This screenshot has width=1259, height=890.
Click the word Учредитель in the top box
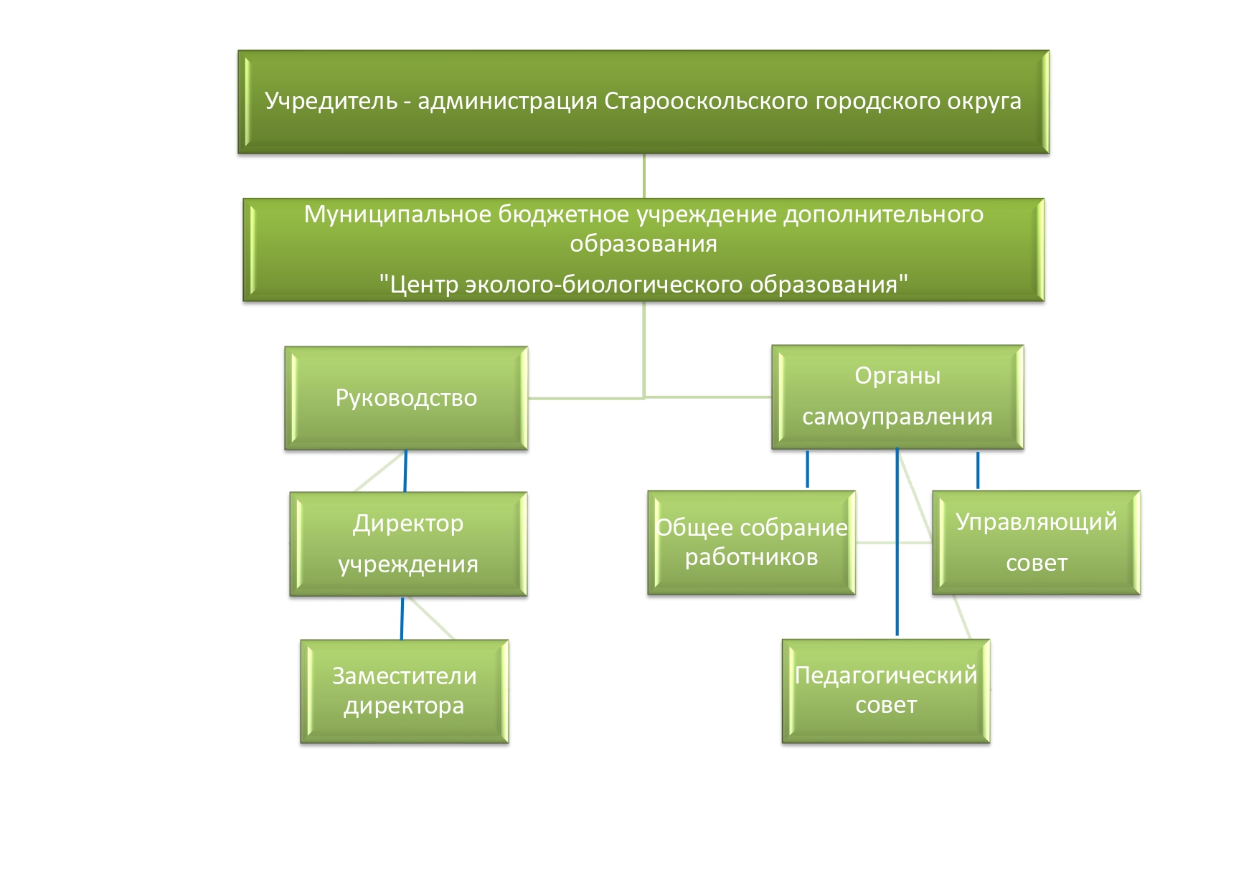point(331,101)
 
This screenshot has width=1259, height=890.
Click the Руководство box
point(406,398)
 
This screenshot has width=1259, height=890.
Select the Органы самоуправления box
point(897,397)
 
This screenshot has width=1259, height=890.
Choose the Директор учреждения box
point(408,544)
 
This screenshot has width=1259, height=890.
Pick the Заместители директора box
point(405,691)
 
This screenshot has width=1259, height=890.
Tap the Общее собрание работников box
point(752,542)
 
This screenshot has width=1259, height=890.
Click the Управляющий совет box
point(1037,542)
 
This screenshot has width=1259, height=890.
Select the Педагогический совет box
point(886,691)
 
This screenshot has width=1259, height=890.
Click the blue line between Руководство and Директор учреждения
point(405,471)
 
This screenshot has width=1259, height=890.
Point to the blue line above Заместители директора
point(402,618)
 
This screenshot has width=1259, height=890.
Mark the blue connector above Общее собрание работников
point(808,469)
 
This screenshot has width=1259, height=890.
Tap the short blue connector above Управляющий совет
point(978,470)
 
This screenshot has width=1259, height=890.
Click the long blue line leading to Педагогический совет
point(897,542)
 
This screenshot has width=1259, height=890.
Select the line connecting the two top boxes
point(644,176)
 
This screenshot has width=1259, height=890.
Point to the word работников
point(751,557)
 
